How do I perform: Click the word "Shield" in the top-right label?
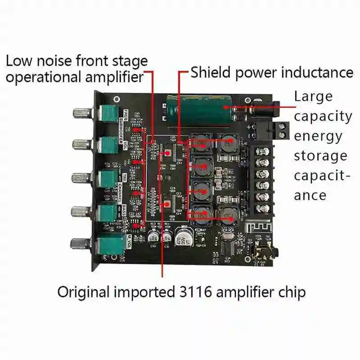[212, 72]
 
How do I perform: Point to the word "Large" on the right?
[313, 96]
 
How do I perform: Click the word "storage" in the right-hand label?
[320, 156]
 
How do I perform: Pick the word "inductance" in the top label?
[318, 72]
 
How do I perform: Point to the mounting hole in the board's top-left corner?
[117, 99]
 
